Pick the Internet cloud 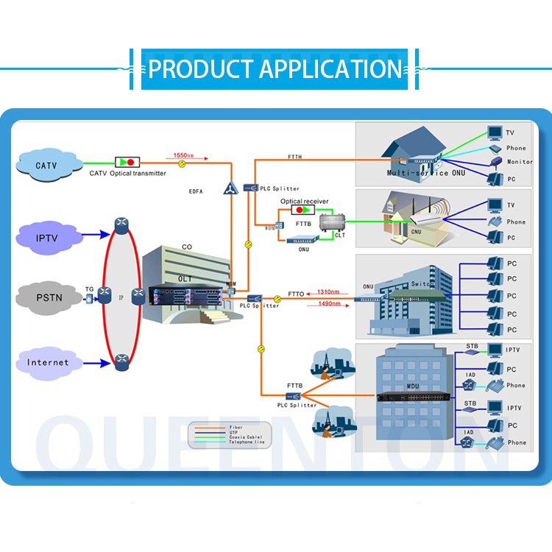(48, 362)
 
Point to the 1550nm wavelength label (184, 155)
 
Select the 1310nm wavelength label (328, 291)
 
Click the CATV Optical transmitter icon (127, 161)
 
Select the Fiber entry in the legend (236, 427)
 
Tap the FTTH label (294, 158)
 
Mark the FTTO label (296, 294)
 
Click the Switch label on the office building (423, 284)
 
